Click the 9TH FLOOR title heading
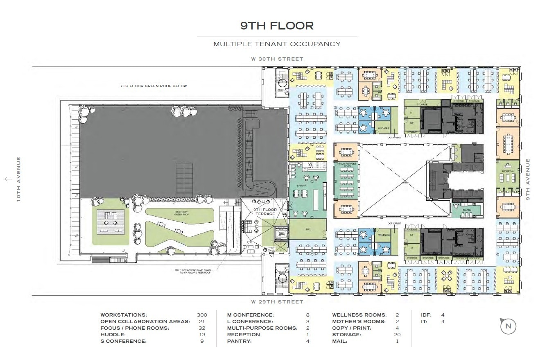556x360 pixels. click(x=277, y=26)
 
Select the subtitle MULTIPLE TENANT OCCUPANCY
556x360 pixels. click(x=277, y=44)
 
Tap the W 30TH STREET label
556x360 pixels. click(x=277, y=59)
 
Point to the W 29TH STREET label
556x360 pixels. click(x=277, y=302)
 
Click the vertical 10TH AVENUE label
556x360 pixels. click(x=18, y=179)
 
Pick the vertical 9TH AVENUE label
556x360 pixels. click(x=528, y=179)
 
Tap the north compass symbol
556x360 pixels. click(x=508, y=326)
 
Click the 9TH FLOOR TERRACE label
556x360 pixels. click(x=265, y=212)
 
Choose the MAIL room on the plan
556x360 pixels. click(x=308, y=229)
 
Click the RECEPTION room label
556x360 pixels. click(x=508, y=171)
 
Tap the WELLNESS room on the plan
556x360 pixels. click(x=384, y=235)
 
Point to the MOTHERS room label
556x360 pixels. click(x=384, y=128)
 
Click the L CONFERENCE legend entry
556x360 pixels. click(x=250, y=322)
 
